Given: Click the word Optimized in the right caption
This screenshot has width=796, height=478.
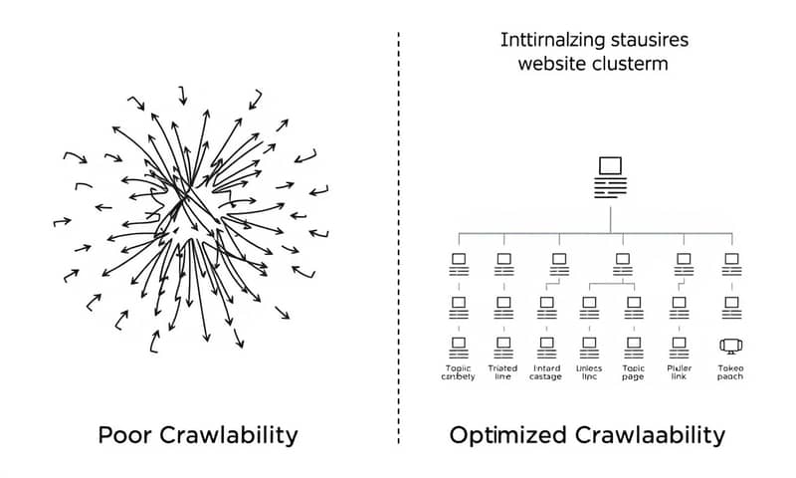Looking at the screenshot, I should [508, 435].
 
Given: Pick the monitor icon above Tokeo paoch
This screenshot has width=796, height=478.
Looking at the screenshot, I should [730, 346].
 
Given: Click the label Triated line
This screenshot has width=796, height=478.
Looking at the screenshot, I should [502, 372].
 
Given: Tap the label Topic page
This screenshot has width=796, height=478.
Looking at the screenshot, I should [634, 372].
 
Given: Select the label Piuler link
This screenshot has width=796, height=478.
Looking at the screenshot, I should [681, 372].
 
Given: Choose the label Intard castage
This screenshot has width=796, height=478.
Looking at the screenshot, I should [547, 372].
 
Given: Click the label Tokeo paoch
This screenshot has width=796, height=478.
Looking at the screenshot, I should [730, 372].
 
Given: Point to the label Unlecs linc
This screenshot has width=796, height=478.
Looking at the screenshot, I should [590, 372].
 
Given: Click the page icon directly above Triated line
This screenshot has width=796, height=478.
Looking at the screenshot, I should [502, 346].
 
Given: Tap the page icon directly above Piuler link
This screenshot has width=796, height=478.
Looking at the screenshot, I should [681, 346].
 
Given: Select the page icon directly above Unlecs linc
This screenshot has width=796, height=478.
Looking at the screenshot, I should [590, 346].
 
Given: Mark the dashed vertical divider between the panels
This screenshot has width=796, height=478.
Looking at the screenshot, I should [399, 239].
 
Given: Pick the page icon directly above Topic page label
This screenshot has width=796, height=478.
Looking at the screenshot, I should [634, 346].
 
